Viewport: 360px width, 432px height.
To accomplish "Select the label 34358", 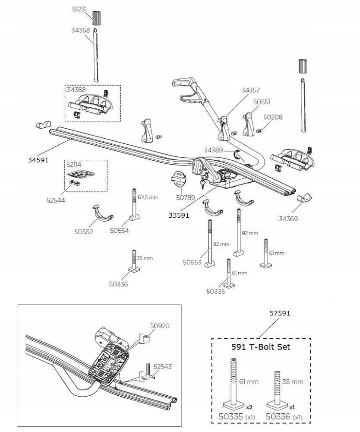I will [80, 30].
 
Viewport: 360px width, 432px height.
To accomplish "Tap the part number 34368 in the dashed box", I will [76, 90].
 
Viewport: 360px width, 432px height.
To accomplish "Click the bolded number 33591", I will [179, 212].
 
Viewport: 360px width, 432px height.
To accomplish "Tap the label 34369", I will [288, 219].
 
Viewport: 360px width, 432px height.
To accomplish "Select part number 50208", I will [272, 117].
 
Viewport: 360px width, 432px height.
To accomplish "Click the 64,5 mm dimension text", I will [148, 197].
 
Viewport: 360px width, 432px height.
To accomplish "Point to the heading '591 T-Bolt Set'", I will [260, 347].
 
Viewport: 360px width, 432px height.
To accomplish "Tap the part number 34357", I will [250, 90].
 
